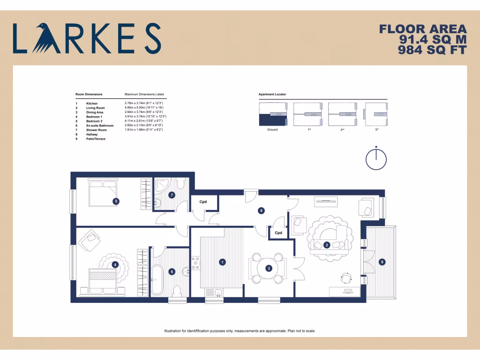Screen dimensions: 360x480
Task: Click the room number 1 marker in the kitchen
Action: [222, 262]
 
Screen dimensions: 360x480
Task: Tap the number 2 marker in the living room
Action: [327, 245]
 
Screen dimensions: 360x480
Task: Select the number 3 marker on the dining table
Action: [269, 268]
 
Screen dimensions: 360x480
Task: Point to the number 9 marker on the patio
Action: [382, 262]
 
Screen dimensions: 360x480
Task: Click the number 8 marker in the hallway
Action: [261, 211]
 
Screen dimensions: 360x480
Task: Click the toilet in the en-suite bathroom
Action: [177, 290]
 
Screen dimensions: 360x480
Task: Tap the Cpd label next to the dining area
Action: [278, 232]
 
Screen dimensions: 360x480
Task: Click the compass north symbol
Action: [376, 159]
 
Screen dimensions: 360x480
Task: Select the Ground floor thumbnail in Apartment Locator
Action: [272, 114]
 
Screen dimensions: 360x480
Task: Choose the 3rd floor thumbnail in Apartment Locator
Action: [376, 114]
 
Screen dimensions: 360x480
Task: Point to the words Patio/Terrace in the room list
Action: [96, 139]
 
